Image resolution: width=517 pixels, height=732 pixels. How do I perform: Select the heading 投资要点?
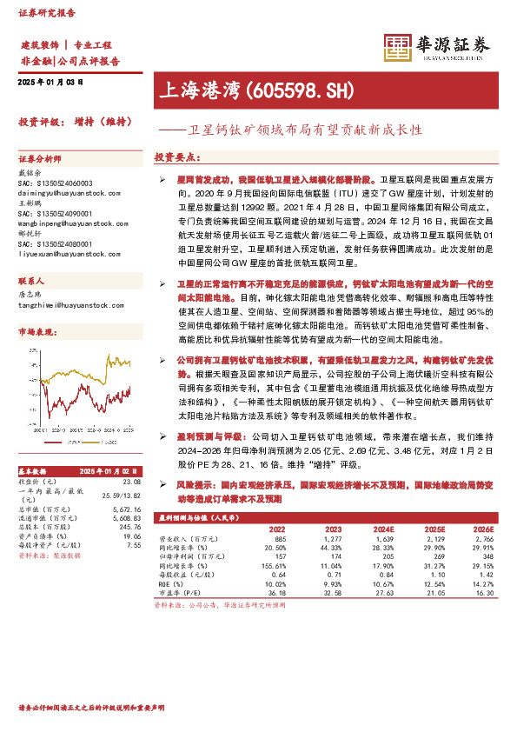(x=177, y=157)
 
